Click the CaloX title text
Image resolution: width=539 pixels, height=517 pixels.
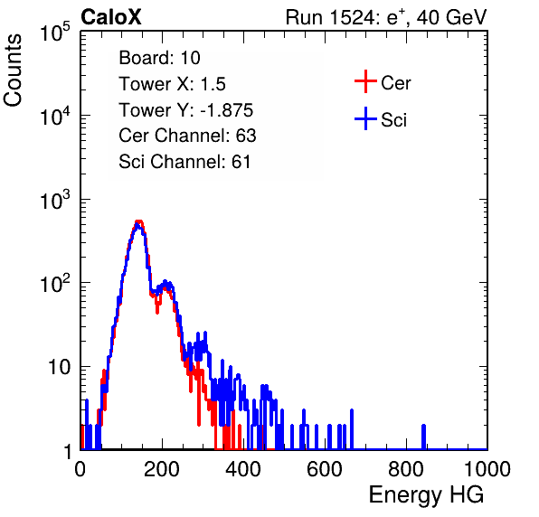click(111, 17)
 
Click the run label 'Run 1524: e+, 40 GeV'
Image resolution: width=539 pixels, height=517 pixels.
click(386, 17)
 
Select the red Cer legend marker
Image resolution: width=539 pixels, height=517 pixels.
click(365, 81)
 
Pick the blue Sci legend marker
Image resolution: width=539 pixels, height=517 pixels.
click(365, 118)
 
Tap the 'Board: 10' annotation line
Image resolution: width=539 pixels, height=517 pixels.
click(159, 58)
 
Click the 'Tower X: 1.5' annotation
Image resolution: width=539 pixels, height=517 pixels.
click(172, 84)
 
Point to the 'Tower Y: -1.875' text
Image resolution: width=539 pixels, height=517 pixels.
click(186, 110)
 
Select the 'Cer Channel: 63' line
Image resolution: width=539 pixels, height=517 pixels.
click(187, 136)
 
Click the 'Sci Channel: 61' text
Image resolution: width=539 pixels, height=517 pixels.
click(184, 162)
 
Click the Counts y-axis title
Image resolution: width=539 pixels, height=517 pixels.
click(13, 70)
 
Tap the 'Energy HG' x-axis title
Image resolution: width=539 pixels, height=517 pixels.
click(426, 495)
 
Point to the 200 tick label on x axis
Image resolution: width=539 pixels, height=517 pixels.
click(162, 469)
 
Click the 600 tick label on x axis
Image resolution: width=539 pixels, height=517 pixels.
click(324, 469)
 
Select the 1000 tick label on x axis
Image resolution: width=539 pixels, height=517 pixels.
click(487, 469)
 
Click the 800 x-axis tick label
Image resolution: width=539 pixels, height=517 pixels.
click(406, 469)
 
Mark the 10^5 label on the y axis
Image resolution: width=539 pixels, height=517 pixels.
click(55, 32)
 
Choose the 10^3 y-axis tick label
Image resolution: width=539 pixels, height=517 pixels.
click(55, 199)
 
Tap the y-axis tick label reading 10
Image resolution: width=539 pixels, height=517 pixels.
click(59, 367)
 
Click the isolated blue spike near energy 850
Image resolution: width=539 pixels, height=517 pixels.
click(423, 437)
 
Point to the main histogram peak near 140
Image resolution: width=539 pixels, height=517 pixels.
click(138, 224)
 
